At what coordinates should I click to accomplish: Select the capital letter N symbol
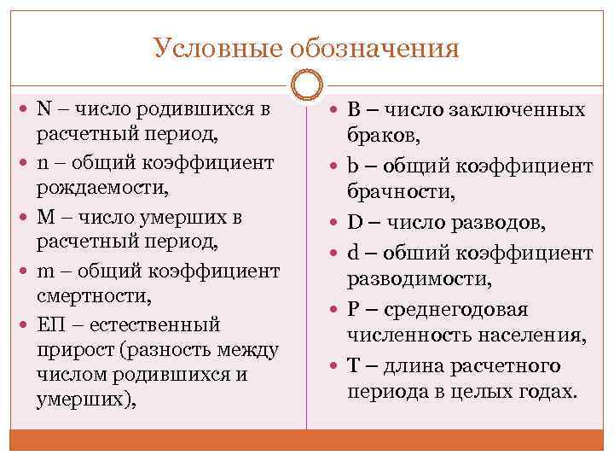44,109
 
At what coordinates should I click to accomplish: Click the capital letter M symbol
45,217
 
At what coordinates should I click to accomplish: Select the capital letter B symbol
354,109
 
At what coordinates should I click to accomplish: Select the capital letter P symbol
353,309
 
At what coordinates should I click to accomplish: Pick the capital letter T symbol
353,365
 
